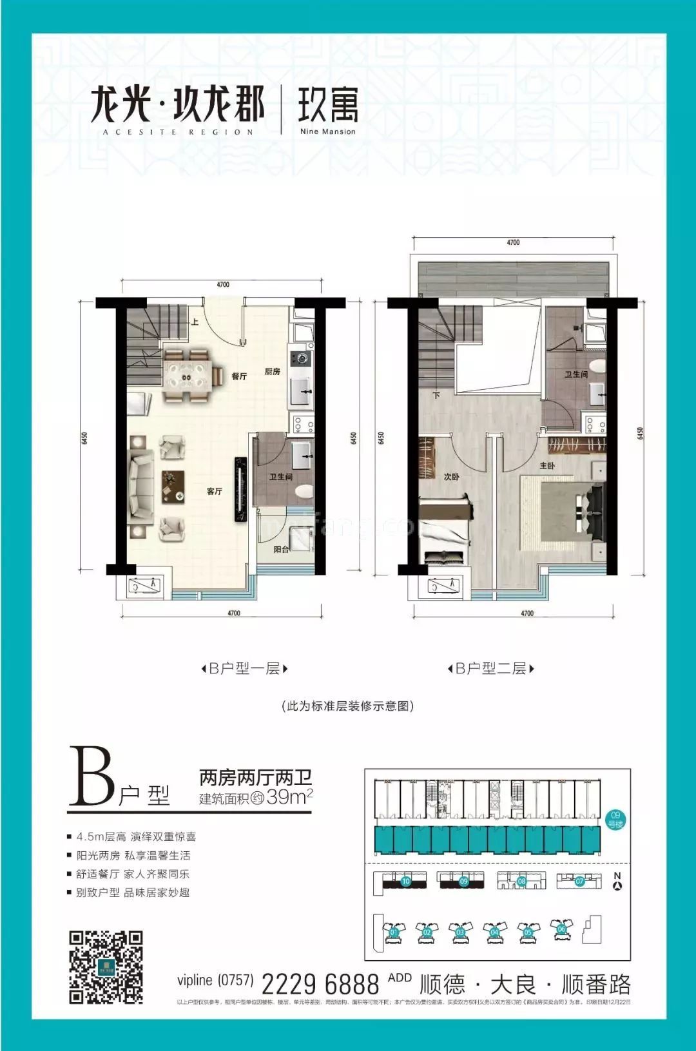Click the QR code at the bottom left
click(106, 967)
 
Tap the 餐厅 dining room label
click(239, 376)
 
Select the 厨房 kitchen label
click(272, 372)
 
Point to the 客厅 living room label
click(215, 492)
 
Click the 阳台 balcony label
click(281, 550)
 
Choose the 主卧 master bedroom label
click(547, 466)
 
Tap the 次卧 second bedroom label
click(451, 477)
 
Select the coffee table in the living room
click(173, 486)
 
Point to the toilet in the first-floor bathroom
click(304, 493)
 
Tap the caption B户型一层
click(244, 669)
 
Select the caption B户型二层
click(491, 669)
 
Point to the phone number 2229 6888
click(320, 984)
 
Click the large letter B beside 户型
click(92, 776)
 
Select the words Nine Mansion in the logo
click(327, 131)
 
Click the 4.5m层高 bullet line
click(135, 837)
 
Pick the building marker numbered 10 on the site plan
click(406, 882)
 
